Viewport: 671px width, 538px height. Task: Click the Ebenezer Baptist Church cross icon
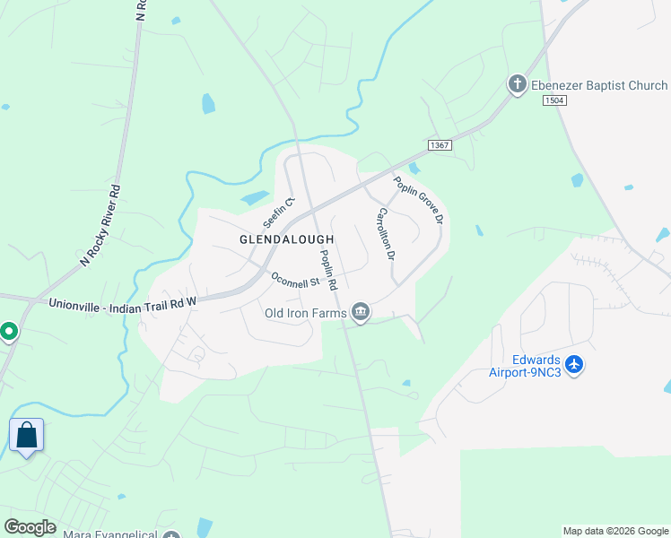tap(517, 85)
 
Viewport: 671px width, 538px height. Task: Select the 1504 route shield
tap(554, 101)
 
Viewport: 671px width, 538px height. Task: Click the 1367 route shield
tap(439, 144)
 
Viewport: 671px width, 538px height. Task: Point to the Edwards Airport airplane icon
tap(575, 365)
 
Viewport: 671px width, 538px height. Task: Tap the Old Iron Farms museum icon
tap(361, 312)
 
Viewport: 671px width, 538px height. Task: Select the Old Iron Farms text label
tap(305, 313)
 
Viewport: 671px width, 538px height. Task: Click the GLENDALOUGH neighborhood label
tap(286, 239)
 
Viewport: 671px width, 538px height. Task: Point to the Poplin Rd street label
tap(327, 269)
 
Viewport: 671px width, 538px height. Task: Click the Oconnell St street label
tap(296, 280)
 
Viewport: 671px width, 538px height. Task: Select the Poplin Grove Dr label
tap(418, 200)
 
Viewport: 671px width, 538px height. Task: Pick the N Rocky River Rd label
tap(100, 225)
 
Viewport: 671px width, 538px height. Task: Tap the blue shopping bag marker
tap(26, 436)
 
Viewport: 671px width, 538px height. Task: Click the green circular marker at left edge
tap(8, 332)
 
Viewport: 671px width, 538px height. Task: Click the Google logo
tap(30, 526)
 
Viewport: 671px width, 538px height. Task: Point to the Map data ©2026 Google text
tap(616, 531)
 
